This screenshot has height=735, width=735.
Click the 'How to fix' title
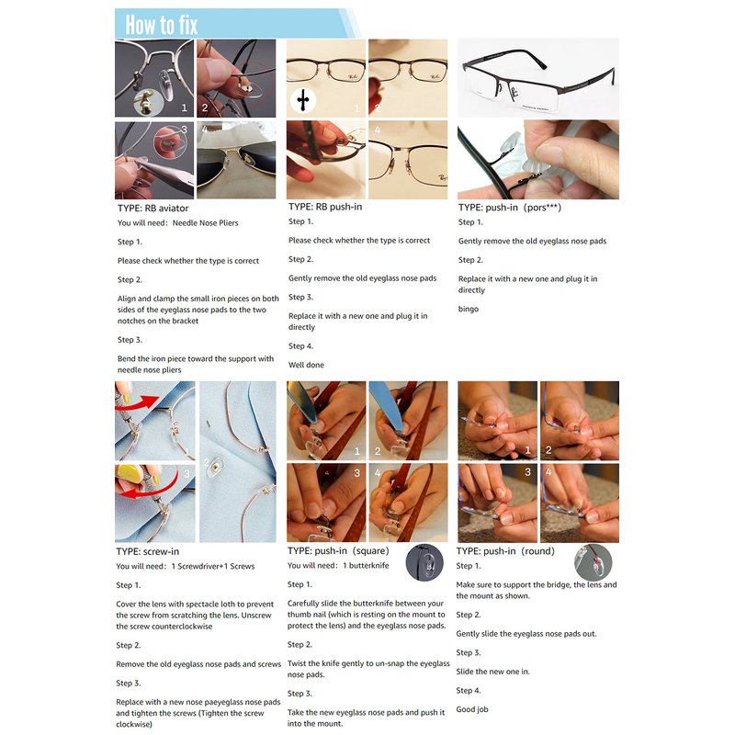(x=162, y=25)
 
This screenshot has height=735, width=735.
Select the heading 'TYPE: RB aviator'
(x=153, y=209)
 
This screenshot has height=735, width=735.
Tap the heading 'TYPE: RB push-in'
(x=325, y=207)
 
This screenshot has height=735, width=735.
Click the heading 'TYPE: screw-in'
(x=148, y=551)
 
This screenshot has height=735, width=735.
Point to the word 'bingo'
(x=469, y=309)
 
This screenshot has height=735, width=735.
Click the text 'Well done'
(x=306, y=365)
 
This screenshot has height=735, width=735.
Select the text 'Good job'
(x=472, y=709)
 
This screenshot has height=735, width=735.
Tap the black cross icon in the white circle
(x=303, y=100)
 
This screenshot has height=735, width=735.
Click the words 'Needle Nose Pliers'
(x=205, y=223)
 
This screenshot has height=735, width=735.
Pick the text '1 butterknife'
(x=366, y=565)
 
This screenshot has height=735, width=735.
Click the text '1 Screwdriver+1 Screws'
(x=213, y=566)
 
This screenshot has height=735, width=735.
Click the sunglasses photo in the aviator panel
(x=236, y=160)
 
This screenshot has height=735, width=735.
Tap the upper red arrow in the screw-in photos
(x=137, y=403)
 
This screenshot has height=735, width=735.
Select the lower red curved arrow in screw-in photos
(x=159, y=488)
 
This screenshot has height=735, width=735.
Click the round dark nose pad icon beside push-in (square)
(x=424, y=562)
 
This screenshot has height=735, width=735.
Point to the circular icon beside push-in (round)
(x=593, y=562)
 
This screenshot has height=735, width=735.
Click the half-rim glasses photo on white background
(x=538, y=78)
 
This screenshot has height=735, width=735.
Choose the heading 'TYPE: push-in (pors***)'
(x=510, y=208)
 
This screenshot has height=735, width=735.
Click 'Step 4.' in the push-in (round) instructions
(x=469, y=691)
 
